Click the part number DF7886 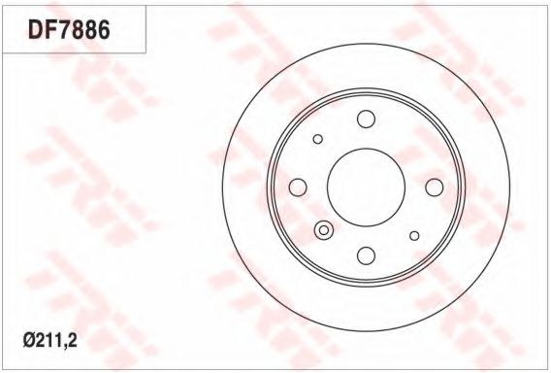69,29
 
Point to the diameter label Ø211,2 50,340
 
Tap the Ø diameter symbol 29,340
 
